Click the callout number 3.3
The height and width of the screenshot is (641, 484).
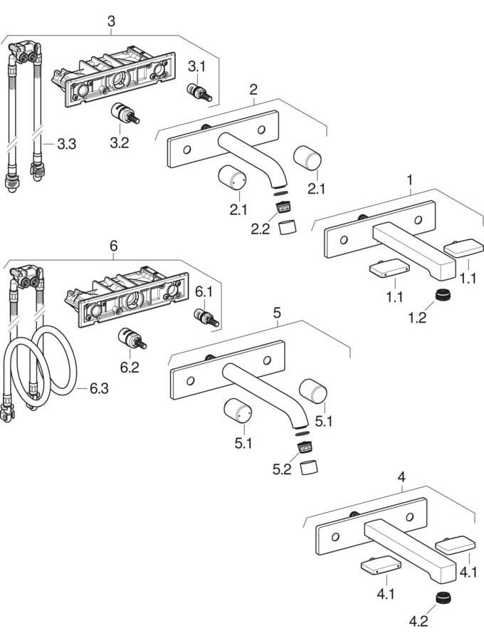(66, 145)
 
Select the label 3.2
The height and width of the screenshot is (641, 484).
(119, 142)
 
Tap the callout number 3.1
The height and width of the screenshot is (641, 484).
(196, 67)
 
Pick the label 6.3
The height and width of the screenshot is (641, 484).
(100, 389)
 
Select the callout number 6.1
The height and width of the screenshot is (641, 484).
(204, 291)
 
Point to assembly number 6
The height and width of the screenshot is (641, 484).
(112, 246)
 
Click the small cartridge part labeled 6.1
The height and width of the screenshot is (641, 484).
(206, 317)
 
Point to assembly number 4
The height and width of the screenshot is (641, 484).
(401, 477)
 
